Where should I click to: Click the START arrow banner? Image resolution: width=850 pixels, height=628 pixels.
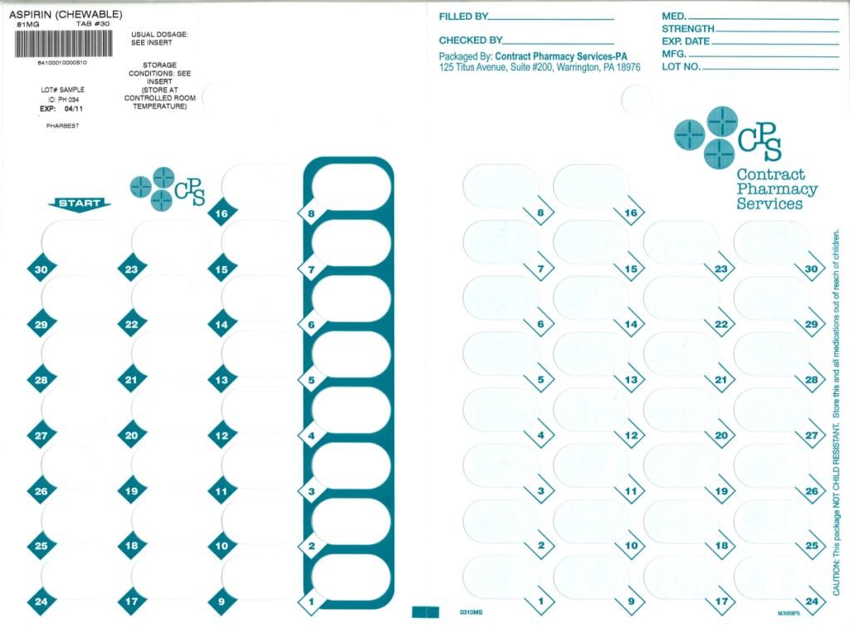(x=80, y=203)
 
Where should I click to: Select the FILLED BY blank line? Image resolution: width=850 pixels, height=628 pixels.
(x=551, y=18)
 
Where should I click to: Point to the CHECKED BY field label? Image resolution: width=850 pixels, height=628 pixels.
(x=470, y=40)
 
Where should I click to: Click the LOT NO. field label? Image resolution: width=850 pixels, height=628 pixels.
(x=681, y=66)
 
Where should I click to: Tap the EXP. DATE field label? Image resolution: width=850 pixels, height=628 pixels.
(x=686, y=41)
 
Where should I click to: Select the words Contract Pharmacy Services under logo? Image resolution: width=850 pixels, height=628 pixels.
(x=775, y=189)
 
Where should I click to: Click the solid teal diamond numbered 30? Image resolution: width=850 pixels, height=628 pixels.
(x=41, y=269)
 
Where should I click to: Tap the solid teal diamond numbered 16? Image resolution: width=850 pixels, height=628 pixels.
(x=221, y=213)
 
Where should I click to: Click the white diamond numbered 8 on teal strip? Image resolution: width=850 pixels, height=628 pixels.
(x=310, y=213)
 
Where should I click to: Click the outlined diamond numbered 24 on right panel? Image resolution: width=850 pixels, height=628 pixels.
(x=812, y=601)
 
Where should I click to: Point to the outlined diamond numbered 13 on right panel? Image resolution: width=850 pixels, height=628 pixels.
(x=631, y=379)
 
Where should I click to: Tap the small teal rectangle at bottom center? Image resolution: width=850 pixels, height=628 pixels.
(x=425, y=612)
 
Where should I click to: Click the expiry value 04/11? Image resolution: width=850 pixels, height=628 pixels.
(x=73, y=108)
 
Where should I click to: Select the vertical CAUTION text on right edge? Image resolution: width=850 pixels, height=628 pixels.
(x=836, y=415)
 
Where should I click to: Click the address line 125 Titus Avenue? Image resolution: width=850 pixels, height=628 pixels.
(x=540, y=67)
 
